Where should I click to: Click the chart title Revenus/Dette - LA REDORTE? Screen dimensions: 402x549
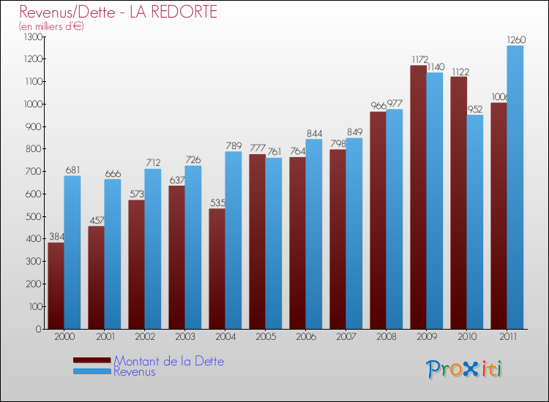click(118, 12)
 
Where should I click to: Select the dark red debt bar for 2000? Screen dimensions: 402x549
click(56, 285)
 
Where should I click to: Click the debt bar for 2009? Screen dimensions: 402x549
click(418, 197)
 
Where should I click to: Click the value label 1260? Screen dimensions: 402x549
click(515, 40)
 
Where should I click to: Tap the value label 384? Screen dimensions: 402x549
click(56, 238)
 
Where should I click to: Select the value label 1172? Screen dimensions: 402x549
click(418, 60)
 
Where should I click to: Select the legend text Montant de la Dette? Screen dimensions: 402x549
click(168, 361)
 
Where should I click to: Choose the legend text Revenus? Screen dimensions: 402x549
click(135, 371)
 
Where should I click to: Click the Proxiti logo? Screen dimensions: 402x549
click(464, 368)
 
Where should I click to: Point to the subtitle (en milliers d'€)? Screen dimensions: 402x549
click(51, 26)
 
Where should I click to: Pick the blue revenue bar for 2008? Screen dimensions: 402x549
click(395, 219)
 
